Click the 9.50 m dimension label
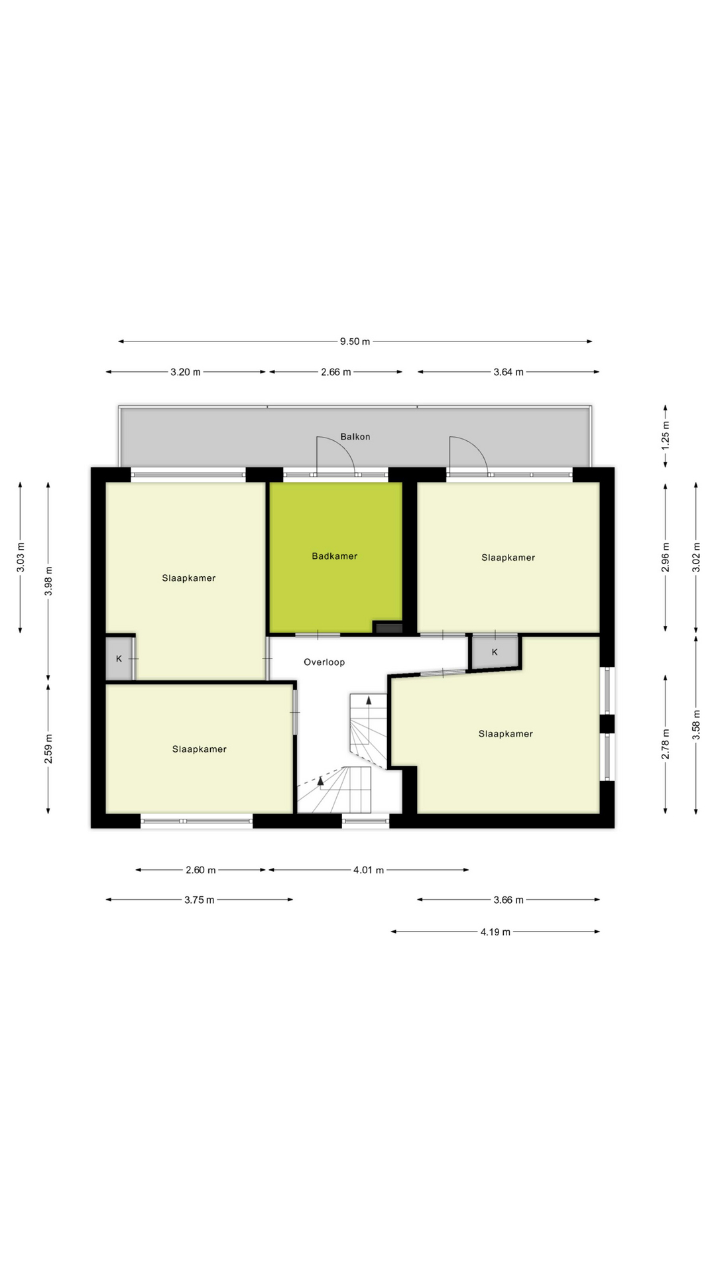[x=355, y=341]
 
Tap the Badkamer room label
[x=335, y=556]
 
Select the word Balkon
[x=355, y=436]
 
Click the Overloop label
[x=324, y=662]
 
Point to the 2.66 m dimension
[x=335, y=372]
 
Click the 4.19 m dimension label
[x=495, y=932]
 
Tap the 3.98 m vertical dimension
[x=48, y=581]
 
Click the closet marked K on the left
[x=119, y=658]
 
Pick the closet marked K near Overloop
[x=495, y=652]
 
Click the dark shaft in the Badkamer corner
[x=388, y=627]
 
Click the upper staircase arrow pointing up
[x=369, y=699]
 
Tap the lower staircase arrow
[x=321, y=780]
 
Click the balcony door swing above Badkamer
[x=337, y=455]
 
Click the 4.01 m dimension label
[x=369, y=870]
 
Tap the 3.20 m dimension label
[x=186, y=372]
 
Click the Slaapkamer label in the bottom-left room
[x=200, y=749]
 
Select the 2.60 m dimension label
[x=201, y=870]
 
